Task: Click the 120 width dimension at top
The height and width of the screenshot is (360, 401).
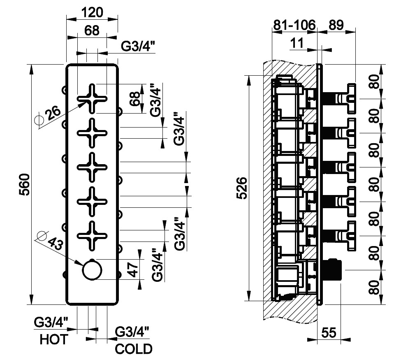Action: pyautogui.click(x=92, y=12)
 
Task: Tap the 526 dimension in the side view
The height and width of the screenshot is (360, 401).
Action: pyautogui.click(x=243, y=188)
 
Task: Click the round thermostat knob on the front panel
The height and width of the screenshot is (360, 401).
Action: pyautogui.click(x=93, y=270)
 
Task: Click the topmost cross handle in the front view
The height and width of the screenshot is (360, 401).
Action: pyautogui.click(x=93, y=99)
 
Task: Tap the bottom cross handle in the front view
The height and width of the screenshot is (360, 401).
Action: pyautogui.click(x=93, y=235)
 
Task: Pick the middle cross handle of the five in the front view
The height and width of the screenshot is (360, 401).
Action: pyautogui.click(x=93, y=167)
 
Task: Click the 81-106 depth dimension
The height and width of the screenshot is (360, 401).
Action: pyautogui.click(x=294, y=25)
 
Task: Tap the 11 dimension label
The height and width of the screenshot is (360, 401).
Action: pyautogui.click(x=297, y=42)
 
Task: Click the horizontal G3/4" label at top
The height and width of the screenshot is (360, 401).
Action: pyautogui.click(x=138, y=46)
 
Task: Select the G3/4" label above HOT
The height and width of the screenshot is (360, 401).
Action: pyautogui.click(x=51, y=322)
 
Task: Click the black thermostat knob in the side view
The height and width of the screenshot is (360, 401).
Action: pyautogui.click(x=332, y=269)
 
